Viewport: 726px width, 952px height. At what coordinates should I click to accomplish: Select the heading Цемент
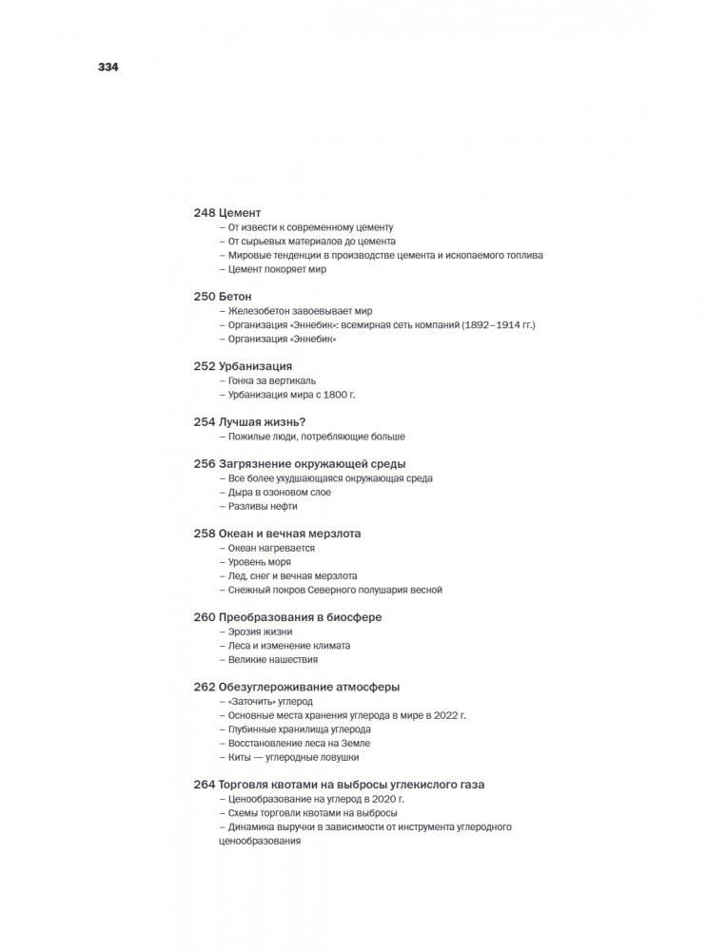(x=240, y=213)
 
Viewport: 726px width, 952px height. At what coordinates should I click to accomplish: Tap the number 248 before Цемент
(x=204, y=213)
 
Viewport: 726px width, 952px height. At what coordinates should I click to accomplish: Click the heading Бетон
(x=236, y=297)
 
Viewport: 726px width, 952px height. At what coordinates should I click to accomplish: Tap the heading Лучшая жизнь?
(x=268, y=422)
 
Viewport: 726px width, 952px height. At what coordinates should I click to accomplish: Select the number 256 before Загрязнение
(x=204, y=464)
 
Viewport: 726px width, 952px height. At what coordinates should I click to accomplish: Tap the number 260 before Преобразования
(x=204, y=617)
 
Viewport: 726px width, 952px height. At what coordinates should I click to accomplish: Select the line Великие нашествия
(x=273, y=659)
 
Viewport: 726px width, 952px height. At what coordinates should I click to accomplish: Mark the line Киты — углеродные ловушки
(x=293, y=757)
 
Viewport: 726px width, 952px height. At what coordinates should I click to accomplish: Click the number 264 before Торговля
(x=204, y=785)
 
